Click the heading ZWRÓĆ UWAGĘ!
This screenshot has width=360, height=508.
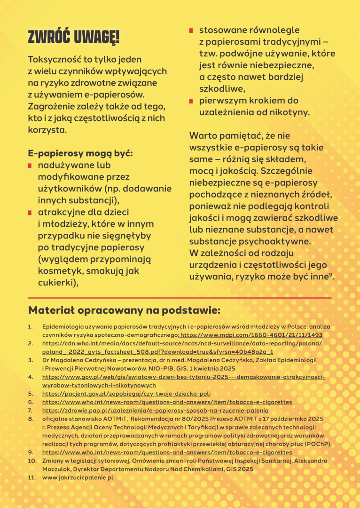pyautogui.click(x=73, y=36)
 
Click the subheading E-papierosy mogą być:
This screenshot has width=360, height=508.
pyautogui.click(x=80, y=153)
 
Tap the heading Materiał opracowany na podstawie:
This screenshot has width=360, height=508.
pyautogui.click(x=124, y=310)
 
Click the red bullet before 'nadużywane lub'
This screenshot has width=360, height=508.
pyautogui.click(x=30, y=166)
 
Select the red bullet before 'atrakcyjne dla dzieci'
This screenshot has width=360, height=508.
pyautogui.click(x=30, y=213)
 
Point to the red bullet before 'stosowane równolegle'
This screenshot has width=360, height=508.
pyautogui.click(x=191, y=31)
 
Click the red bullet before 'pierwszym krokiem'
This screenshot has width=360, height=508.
pyautogui.click(x=191, y=101)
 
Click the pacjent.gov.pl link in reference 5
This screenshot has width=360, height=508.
pyautogui.click(x=126, y=393)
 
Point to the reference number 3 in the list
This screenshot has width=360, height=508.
pyautogui.click(x=30, y=360)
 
